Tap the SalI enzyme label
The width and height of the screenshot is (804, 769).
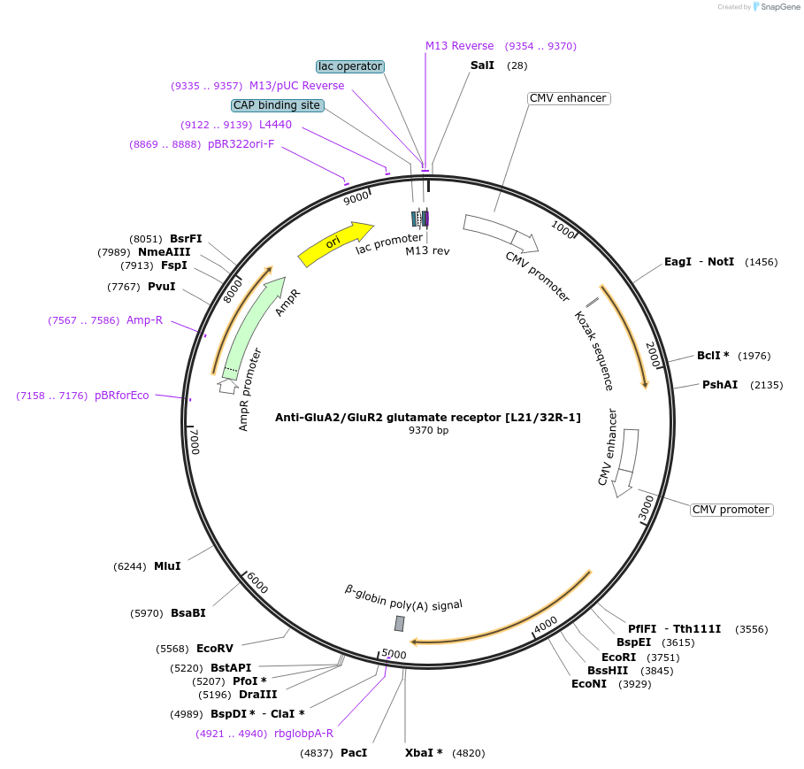[482, 65]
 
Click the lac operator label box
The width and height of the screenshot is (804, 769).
[350, 66]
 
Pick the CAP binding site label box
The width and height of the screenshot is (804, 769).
[277, 105]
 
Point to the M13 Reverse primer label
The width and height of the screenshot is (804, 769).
[460, 46]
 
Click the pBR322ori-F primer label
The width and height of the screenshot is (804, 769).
[241, 144]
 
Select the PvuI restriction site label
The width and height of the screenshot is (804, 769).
[162, 287]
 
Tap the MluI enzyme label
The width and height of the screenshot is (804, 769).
[167, 566]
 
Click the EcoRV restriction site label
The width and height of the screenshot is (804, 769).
[215, 649]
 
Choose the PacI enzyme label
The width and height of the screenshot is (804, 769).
[354, 753]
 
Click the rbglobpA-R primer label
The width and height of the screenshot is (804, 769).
[304, 734]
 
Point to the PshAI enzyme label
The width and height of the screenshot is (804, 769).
[720, 385]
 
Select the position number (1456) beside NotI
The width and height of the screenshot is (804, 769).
[762, 262]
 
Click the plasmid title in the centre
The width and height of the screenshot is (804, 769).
[428, 417]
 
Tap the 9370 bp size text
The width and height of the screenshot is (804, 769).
[428, 431]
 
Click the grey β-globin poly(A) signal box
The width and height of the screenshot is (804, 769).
[399, 624]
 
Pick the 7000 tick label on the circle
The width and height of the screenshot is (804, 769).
[195, 440]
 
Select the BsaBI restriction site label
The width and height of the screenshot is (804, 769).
[188, 613]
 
